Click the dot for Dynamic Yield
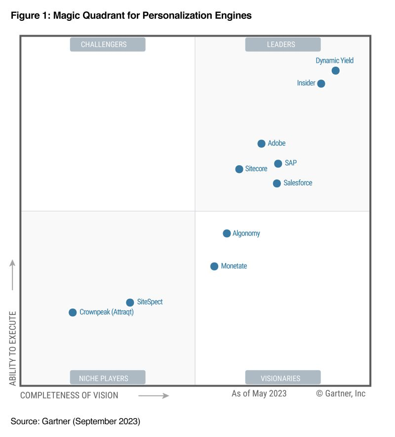(x=335, y=71)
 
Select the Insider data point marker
(x=321, y=84)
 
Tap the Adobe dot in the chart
(x=261, y=144)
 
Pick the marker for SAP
(x=278, y=164)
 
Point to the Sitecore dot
(x=239, y=169)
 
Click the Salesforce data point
(x=277, y=183)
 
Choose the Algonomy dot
(x=227, y=233)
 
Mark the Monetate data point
(x=214, y=266)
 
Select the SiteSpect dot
(x=130, y=303)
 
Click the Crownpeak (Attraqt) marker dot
(x=73, y=312)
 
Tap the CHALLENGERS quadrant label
(x=108, y=44)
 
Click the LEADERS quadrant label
(x=282, y=44)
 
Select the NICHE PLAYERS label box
(x=108, y=378)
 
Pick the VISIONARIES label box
(x=282, y=378)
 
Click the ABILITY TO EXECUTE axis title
(x=13, y=349)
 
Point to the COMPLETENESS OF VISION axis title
(x=69, y=395)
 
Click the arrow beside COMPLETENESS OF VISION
(x=154, y=395)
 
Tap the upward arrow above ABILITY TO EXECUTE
(x=13, y=274)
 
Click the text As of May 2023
(x=259, y=393)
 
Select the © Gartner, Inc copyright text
(x=341, y=393)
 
